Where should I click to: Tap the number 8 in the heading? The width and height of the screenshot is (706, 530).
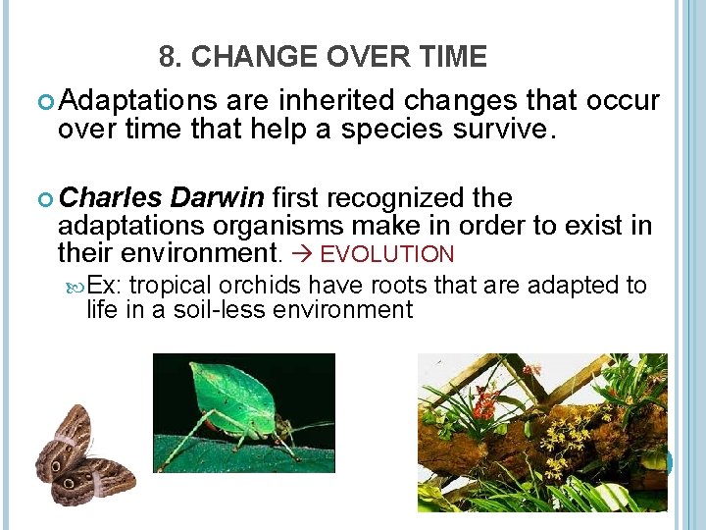coord(167,58)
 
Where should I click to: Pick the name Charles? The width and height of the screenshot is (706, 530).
coord(111,199)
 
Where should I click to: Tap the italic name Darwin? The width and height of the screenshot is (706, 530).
coord(218,199)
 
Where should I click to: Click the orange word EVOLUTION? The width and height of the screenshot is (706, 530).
coord(387,255)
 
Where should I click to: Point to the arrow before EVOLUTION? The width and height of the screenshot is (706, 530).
coord(301,255)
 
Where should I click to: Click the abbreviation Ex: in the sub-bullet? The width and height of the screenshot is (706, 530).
coord(106,286)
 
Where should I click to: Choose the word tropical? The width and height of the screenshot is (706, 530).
coord(171,286)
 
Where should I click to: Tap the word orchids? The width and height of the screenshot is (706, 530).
coord(262,286)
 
